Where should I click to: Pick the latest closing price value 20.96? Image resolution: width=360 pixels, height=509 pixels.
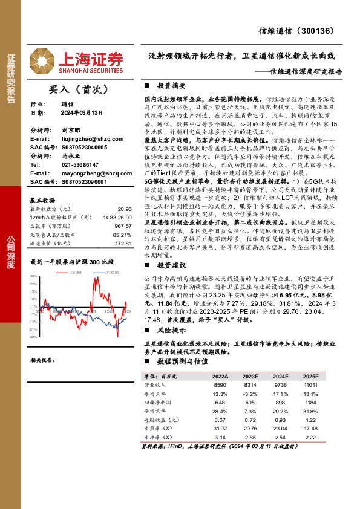125,207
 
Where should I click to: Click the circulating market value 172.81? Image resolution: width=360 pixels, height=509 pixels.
123,244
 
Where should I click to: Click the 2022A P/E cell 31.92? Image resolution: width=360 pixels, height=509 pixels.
220,428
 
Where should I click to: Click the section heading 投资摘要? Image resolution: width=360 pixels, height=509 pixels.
171,86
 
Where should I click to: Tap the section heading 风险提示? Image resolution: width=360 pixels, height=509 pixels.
171,331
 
